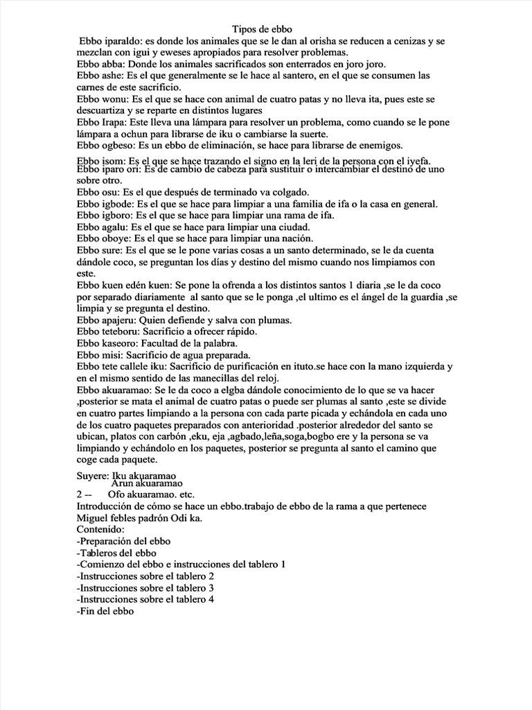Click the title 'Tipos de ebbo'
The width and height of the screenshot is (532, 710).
[x=267, y=29]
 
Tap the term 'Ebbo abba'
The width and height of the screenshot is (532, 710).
[x=102, y=63]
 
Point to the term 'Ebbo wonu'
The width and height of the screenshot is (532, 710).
[x=104, y=99]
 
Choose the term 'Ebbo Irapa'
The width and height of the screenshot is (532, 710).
[x=103, y=122]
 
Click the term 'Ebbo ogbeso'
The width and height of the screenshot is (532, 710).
[x=107, y=145]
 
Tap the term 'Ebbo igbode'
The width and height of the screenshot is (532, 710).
[x=105, y=204]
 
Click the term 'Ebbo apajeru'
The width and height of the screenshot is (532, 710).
[x=107, y=320]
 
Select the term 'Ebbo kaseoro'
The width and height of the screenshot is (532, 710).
[x=108, y=344]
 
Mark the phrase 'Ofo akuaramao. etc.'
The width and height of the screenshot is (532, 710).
[x=151, y=494]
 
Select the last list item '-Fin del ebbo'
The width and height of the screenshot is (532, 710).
[x=105, y=612]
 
